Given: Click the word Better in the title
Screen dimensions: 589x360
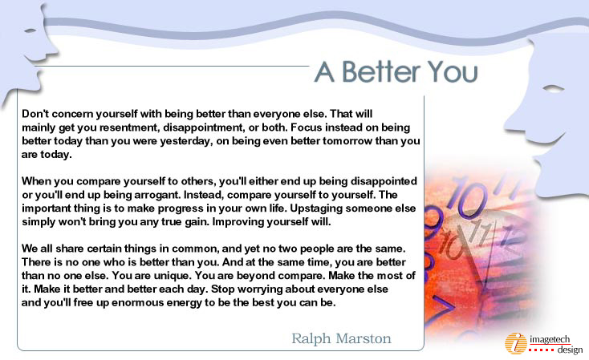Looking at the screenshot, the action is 381,71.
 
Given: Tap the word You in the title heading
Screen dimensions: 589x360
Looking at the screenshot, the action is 453,71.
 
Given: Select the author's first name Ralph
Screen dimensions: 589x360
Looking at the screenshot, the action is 311,338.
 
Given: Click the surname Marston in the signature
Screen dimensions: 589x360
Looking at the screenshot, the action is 364,338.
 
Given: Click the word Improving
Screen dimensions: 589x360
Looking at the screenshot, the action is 238,222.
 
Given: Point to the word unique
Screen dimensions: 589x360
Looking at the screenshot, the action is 169,276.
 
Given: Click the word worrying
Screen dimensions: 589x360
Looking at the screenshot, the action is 259,289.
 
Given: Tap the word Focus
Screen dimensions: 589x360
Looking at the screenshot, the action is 307,127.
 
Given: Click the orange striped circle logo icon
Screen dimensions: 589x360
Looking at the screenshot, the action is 516,343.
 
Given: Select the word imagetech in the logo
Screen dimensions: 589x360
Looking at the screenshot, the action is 550,339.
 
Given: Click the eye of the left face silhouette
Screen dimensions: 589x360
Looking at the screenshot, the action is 30,30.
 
